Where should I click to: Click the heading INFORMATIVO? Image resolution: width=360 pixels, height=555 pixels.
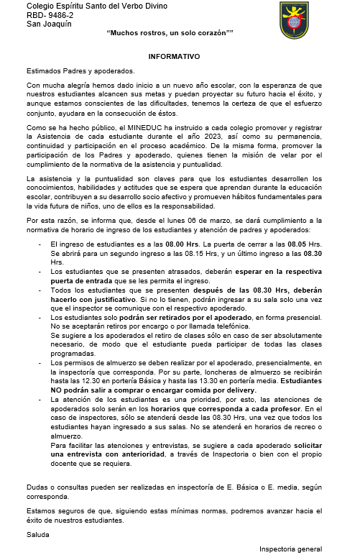174,55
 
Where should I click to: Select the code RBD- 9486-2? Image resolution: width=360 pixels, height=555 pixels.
50,14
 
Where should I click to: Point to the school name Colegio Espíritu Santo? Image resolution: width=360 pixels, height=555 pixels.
86,6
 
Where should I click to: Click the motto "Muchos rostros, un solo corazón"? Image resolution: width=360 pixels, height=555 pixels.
170,34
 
